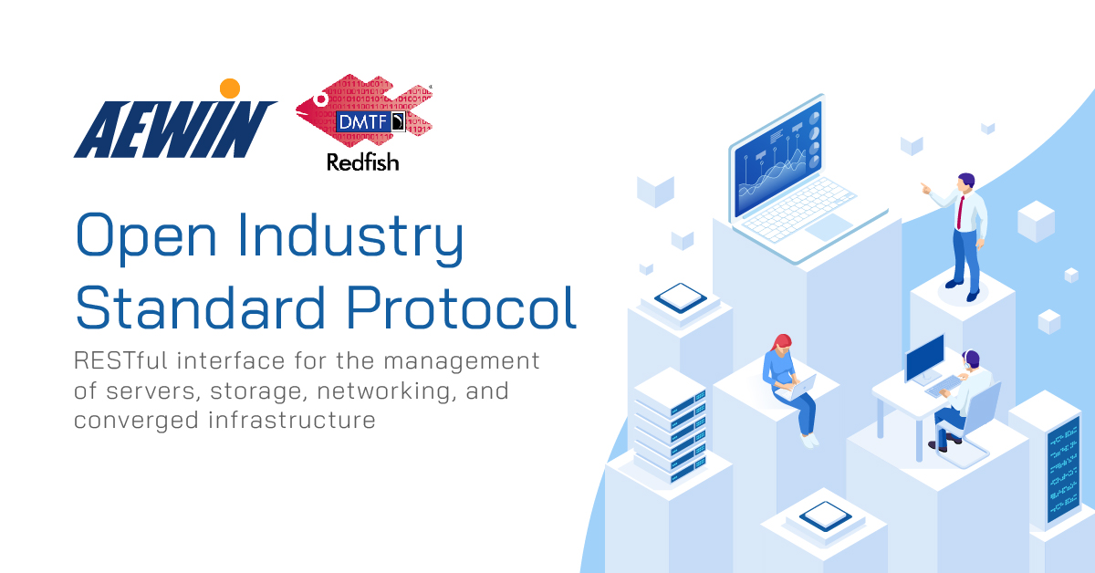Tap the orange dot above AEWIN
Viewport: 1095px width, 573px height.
[230, 89]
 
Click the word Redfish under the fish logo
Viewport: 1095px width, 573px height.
[363, 162]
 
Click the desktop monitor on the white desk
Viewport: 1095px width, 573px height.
[923, 358]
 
